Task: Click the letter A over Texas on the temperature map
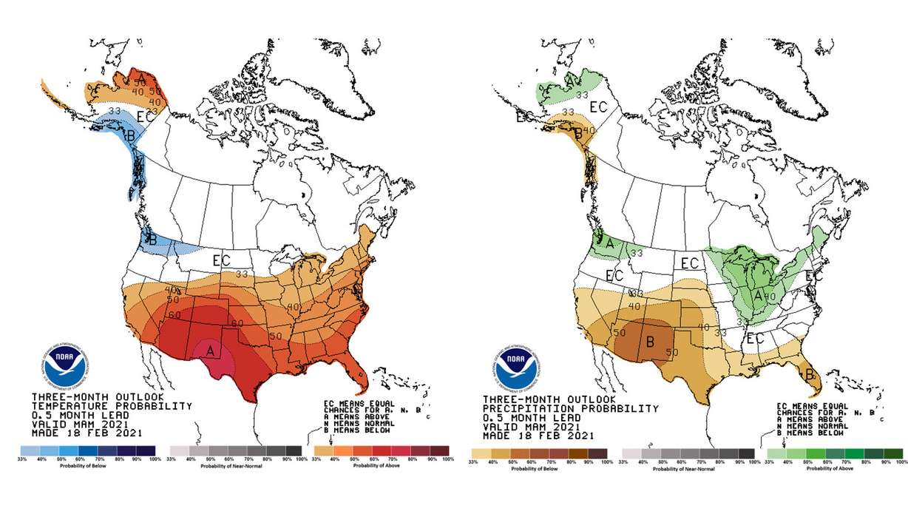(211, 351)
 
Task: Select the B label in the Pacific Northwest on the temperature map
(152, 240)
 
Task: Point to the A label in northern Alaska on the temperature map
(140, 78)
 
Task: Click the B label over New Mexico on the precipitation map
(651, 342)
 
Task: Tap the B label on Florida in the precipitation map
(809, 375)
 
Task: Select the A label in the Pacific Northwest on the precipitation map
(610, 241)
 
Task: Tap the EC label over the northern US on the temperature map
(221, 260)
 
